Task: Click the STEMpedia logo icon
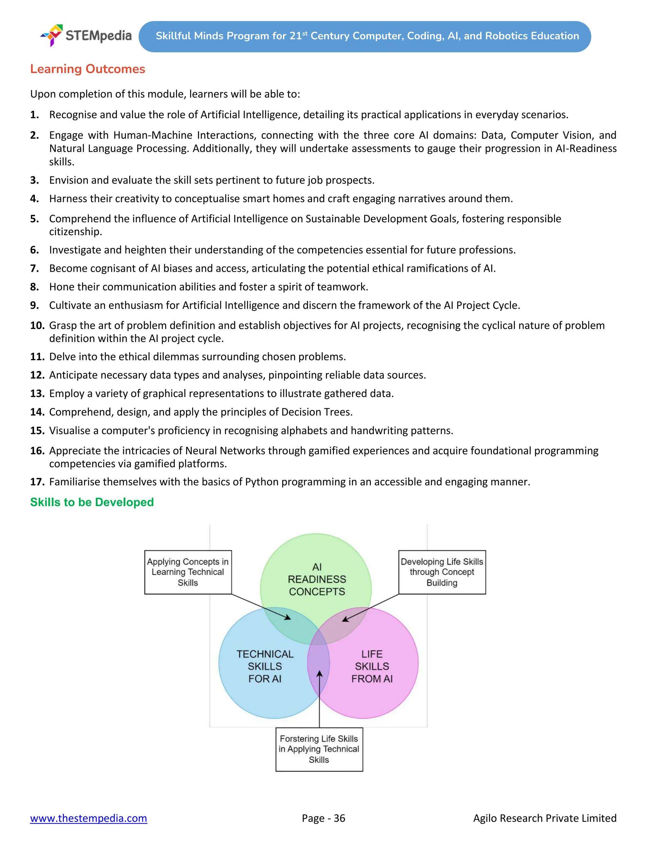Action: coord(52,35)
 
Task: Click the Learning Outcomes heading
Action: coord(88,69)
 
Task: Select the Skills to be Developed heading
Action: coord(92,502)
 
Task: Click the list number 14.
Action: coord(37,412)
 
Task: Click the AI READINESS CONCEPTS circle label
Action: coord(317,579)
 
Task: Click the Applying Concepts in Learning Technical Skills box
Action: coord(188,572)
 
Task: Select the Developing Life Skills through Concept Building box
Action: coord(442,572)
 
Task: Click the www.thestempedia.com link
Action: coord(88,818)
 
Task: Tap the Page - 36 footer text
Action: coord(323,818)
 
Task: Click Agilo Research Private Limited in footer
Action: coord(545,818)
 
